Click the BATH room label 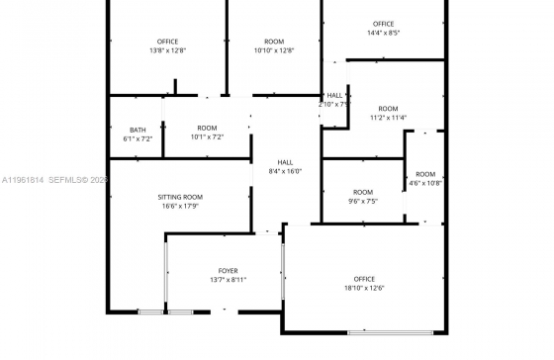click(138, 130)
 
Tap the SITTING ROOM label click(180, 197)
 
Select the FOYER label click(229, 270)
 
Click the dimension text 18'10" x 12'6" click(364, 288)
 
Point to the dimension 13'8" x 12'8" click(167, 50)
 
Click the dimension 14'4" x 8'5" click(383, 33)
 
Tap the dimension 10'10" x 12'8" click(274, 50)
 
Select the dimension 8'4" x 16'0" click(285, 171)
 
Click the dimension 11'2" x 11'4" click(388, 118)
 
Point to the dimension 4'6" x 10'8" click(425, 183)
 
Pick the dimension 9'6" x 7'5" click(363, 201)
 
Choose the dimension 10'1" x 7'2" click(207, 136)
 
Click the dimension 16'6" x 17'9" click(180, 206)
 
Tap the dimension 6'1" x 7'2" click(138, 138)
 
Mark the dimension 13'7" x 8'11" click(229, 280)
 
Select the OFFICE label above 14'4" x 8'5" click(383, 24)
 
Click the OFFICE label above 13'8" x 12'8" click(167, 42)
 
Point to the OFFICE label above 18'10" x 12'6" click(364, 279)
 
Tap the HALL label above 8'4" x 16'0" click(285, 162)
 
